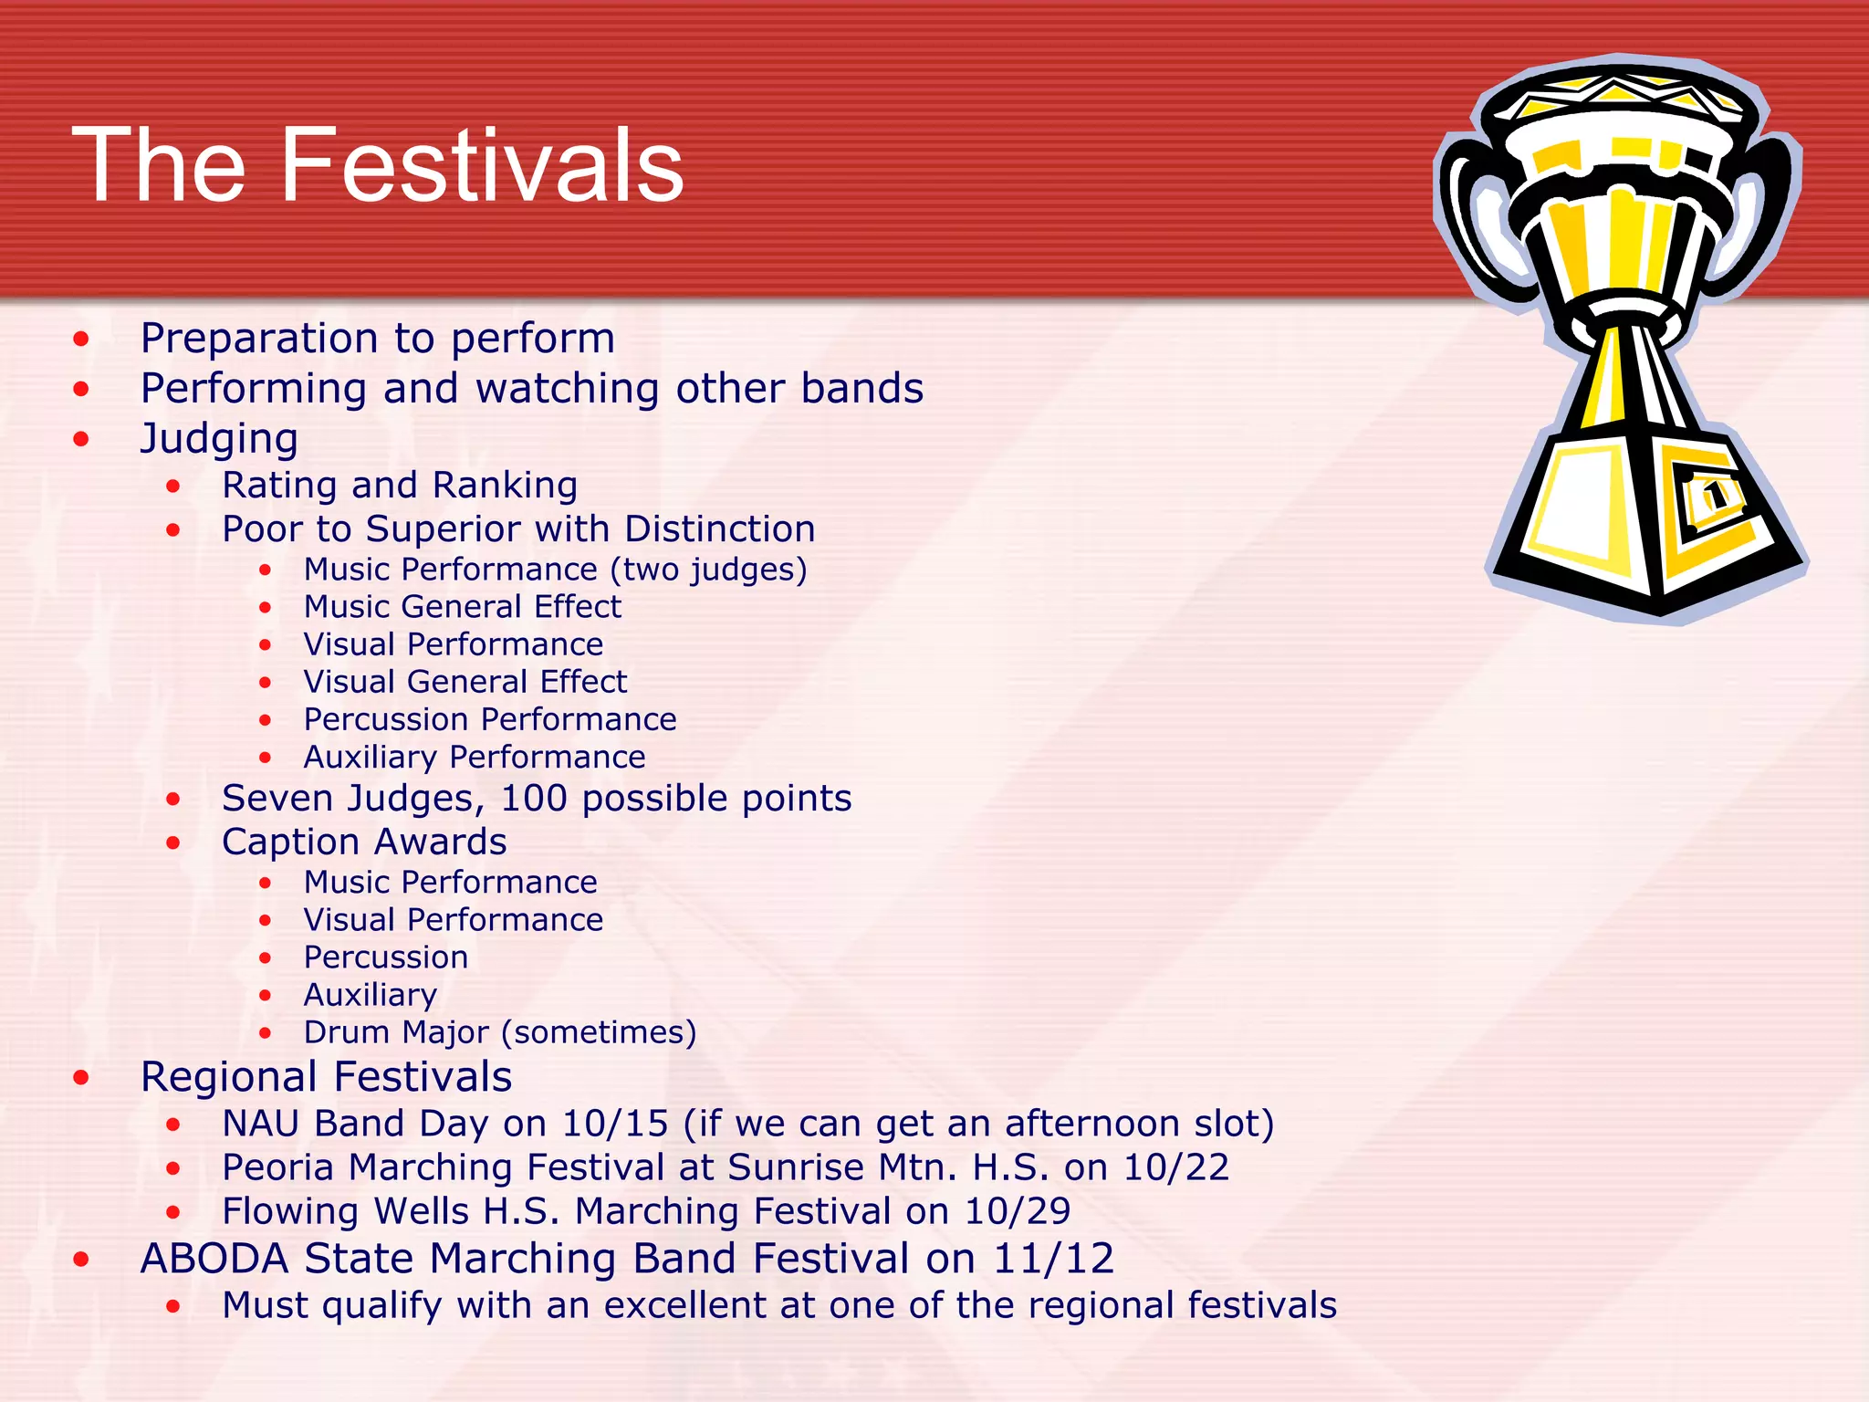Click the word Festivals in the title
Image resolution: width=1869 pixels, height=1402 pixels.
482,166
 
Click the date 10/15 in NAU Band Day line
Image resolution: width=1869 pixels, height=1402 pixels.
615,1124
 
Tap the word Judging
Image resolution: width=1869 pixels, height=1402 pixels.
219,440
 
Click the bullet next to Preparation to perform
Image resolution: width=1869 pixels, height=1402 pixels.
82,340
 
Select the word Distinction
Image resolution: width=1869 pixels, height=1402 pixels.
719,529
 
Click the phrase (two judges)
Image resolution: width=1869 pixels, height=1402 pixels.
708,570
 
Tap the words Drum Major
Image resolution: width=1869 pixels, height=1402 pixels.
396,1032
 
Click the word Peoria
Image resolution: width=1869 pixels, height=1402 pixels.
279,1167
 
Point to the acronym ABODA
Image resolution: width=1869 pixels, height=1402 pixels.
214,1259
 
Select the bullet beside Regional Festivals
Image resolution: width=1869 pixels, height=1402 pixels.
82,1078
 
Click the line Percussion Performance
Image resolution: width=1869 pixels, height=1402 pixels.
490,719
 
